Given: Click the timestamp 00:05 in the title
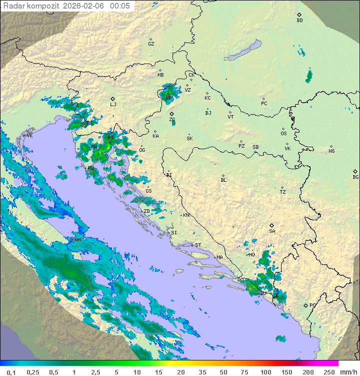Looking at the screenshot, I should (120, 6).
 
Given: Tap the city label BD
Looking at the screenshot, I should (299, 21).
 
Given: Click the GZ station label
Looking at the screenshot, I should (151, 44).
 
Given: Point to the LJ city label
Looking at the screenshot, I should (113, 105).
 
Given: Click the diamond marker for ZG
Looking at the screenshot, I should (171, 114).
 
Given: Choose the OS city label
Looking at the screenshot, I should (283, 134).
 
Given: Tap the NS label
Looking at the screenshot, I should (331, 151).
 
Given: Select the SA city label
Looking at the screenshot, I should (272, 231).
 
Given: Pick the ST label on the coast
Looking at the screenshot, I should (198, 245).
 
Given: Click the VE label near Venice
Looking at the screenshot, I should (29, 136).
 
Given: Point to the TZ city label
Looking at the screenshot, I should (282, 192).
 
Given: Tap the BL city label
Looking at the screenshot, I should (223, 180).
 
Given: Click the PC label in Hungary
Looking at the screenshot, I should (264, 104).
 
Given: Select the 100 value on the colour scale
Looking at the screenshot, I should (265, 372).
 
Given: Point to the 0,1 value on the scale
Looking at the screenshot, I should (11, 372).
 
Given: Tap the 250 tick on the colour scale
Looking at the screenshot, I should (328, 372).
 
